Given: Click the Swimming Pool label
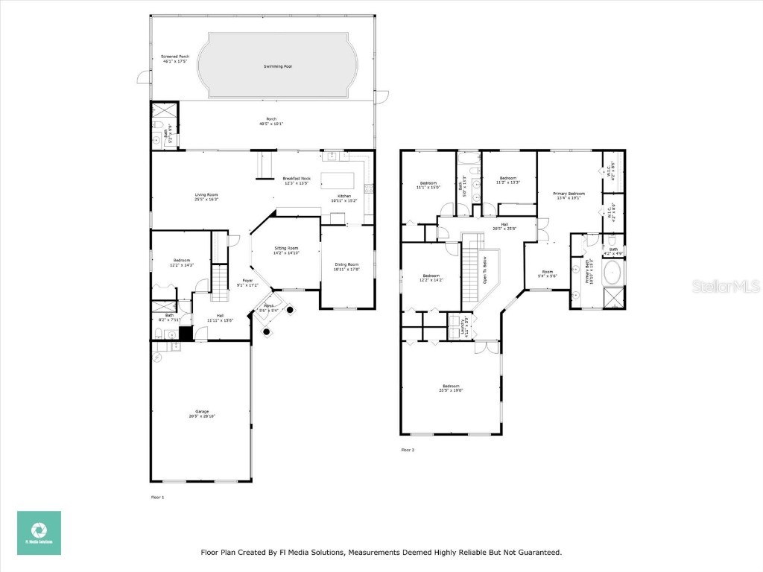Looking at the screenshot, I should click(277, 66).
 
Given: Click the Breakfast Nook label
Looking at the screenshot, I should click(295, 181).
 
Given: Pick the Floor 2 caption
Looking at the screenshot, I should click(408, 450).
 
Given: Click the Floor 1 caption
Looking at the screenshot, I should click(157, 497).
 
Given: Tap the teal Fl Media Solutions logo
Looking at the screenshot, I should click(39, 533).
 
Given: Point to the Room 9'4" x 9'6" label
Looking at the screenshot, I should click(548, 273).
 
